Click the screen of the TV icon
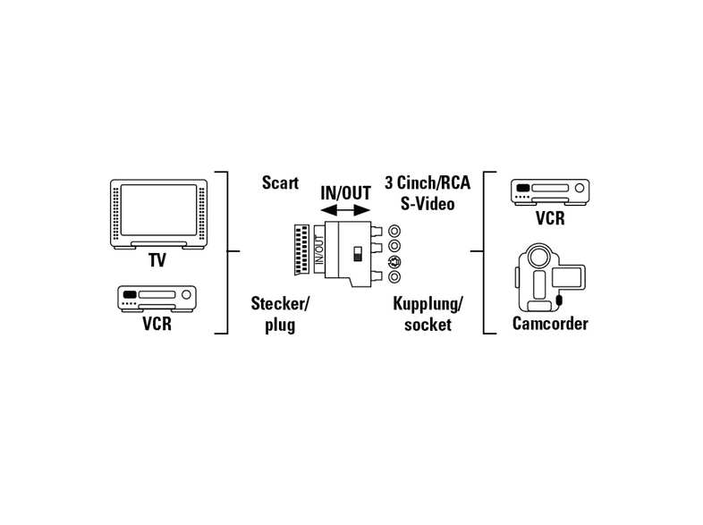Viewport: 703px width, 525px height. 158,210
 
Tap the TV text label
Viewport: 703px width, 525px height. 157,260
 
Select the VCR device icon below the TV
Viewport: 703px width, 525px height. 157,299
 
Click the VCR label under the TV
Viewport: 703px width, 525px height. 157,323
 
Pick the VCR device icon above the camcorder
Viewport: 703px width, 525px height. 550,192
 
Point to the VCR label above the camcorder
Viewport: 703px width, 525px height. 550,218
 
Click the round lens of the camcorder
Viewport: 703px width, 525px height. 538,257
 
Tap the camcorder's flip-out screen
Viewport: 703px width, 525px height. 568,276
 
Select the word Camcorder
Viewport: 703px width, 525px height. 550,323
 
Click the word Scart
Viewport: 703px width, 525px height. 280,183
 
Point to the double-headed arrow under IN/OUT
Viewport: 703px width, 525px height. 345,210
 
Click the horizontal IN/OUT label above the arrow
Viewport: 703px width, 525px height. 345,193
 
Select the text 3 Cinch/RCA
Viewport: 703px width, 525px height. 428,182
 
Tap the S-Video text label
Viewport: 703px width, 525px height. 428,204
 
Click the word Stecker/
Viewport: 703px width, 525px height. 280,303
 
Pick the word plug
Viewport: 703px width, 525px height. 280,325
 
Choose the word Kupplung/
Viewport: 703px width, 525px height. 428,303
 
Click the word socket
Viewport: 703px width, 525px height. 428,325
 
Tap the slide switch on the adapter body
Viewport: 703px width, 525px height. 358,253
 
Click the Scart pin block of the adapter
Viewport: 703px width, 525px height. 301,250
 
